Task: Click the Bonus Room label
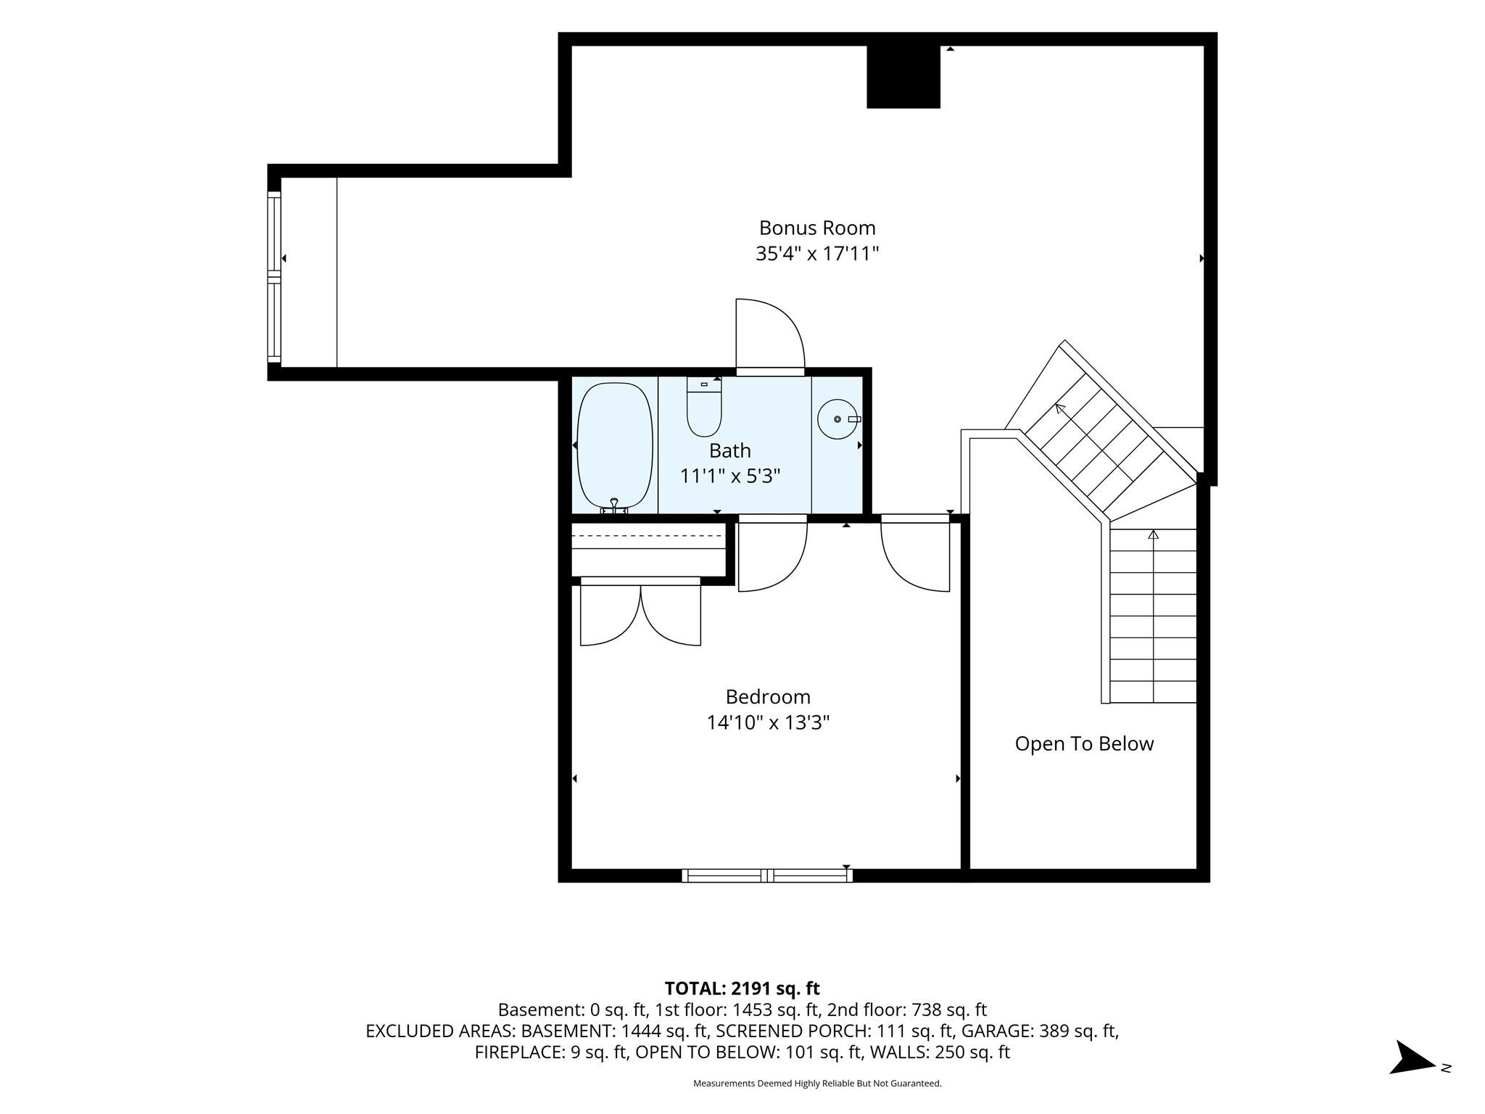(817, 228)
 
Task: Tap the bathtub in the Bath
(615, 446)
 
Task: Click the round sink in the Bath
(838, 419)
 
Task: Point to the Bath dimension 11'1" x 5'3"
(730, 476)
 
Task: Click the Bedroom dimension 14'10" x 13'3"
(768, 723)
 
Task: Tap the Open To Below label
(1084, 744)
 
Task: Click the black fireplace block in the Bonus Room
(903, 77)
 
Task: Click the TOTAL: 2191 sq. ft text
(742, 988)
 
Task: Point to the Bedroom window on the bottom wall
(767, 875)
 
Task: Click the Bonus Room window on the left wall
(274, 276)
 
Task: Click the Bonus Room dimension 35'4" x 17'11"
(817, 254)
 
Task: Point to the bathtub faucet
(614, 506)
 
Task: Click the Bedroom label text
(768, 697)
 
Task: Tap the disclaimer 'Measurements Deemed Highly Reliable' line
(817, 1084)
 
